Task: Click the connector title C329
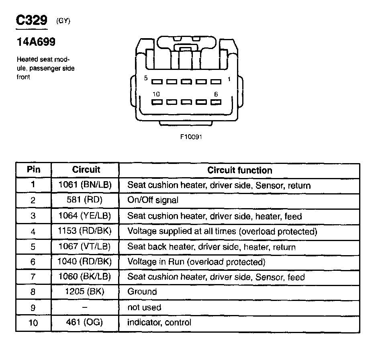pos(31,20)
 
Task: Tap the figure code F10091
pos(191,137)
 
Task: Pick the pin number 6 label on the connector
pos(216,94)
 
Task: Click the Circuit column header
pos(86,170)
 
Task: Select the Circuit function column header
pos(239,170)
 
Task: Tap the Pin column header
pos(33,170)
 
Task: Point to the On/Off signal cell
pos(153,200)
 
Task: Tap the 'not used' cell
pos(144,307)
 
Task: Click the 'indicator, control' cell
pos(159,322)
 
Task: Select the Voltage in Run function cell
pos(196,262)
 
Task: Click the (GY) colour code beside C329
pos(63,22)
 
